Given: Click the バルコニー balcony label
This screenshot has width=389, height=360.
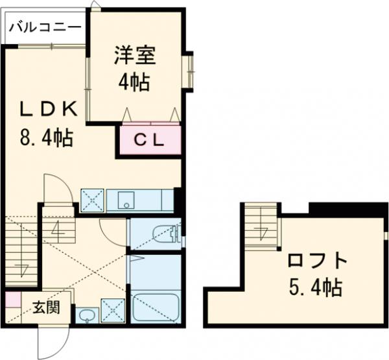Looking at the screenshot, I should (x=45, y=27).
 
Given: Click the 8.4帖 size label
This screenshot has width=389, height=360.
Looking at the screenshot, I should (x=43, y=138).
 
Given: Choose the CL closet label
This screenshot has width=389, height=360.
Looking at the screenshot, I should (x=150, y=139).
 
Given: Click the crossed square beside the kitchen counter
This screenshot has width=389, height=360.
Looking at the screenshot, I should (x=92, y=200).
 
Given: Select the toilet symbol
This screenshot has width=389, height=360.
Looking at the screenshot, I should (x=163, y=234).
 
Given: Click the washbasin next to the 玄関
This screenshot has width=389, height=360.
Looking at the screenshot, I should (x=86, y=317).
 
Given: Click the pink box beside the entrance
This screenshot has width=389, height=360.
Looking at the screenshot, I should (x=12, y=300).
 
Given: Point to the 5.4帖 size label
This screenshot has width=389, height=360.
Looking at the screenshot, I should (x=317, y=287).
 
